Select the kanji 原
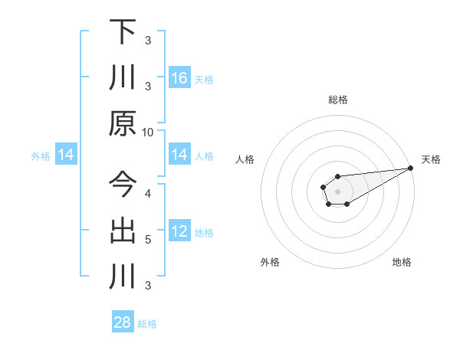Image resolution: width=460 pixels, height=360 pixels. click(123, 123)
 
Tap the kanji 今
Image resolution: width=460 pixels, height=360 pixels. click(123, 185)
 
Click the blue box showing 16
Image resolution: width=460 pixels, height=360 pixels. click(179, 78)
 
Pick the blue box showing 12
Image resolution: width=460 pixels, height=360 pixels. click(179, 231)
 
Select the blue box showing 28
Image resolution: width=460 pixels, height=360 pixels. click(123, 322)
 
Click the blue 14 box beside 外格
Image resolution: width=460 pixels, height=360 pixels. click(66, 155)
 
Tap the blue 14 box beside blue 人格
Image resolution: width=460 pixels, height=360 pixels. click(179, 155)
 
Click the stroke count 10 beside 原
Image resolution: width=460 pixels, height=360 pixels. click(148, 132)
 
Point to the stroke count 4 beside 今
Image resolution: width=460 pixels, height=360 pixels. click(148, 193)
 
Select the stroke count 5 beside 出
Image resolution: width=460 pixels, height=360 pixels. click(148, 239)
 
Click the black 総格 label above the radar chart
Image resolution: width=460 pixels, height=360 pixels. click(338, 100)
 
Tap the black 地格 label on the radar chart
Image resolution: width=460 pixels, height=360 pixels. click(402, 262)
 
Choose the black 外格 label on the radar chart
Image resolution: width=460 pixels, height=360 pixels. click(270, 262)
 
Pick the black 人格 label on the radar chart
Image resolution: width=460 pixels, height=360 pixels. click(245, 159)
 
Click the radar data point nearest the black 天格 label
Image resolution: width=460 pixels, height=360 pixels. click(412, 169)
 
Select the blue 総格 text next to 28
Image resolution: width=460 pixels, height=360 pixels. click(147, 324)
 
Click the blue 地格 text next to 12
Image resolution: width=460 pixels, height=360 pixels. click(204, 232)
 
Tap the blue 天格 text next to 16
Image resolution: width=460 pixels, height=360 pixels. click(204, 79)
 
